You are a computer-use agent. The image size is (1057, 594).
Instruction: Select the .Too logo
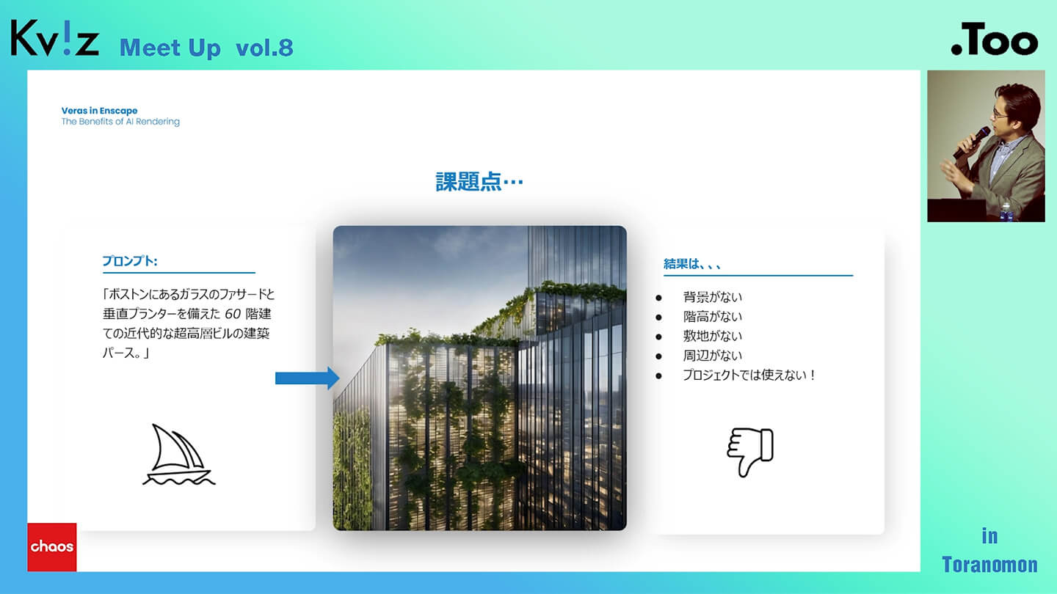tap(994, 39)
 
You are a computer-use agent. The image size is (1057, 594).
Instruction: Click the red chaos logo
tap(52, 547)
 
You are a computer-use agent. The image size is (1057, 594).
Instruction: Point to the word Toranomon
tap(989, 565)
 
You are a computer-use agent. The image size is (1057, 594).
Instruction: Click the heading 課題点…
tap(479, 182)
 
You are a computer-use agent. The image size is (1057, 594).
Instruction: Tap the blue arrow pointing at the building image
tap(307, 378)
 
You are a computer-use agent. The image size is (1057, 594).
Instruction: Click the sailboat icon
tap(178, 455)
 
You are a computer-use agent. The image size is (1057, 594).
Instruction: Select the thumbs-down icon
tap(750, 452)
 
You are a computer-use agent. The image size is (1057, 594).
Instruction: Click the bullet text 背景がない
tap(712, 297)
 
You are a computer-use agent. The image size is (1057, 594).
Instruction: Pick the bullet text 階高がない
tap(712, 316)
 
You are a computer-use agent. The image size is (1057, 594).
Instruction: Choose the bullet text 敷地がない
tap(712, 336)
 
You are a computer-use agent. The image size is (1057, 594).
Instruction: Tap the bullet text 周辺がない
tap(712, 356)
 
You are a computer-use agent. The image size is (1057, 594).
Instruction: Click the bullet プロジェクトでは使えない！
tap(749, 375)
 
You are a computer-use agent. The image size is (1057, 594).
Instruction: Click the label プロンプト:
tap(130, 261)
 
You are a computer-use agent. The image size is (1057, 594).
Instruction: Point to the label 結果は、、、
tap(691, 264)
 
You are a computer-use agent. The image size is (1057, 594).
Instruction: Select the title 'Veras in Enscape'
tap(99, 111)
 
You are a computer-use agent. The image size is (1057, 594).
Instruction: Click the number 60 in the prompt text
tap(232, 314)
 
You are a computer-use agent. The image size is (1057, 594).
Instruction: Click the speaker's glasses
tap(1001, 113)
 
